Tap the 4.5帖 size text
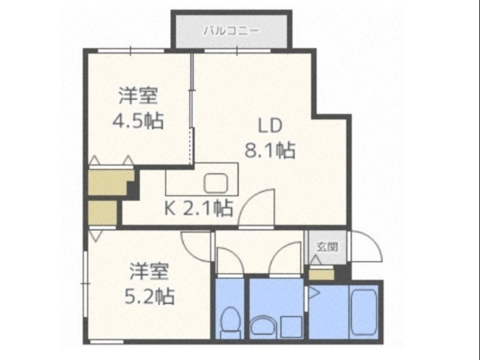[x=138, y=121]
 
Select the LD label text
[x=270, y=126]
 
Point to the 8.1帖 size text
[x=269, y=150]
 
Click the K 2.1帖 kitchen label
[x=199, y=209]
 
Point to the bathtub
[x=363, y=312]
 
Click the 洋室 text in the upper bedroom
[x=139, y=95]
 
